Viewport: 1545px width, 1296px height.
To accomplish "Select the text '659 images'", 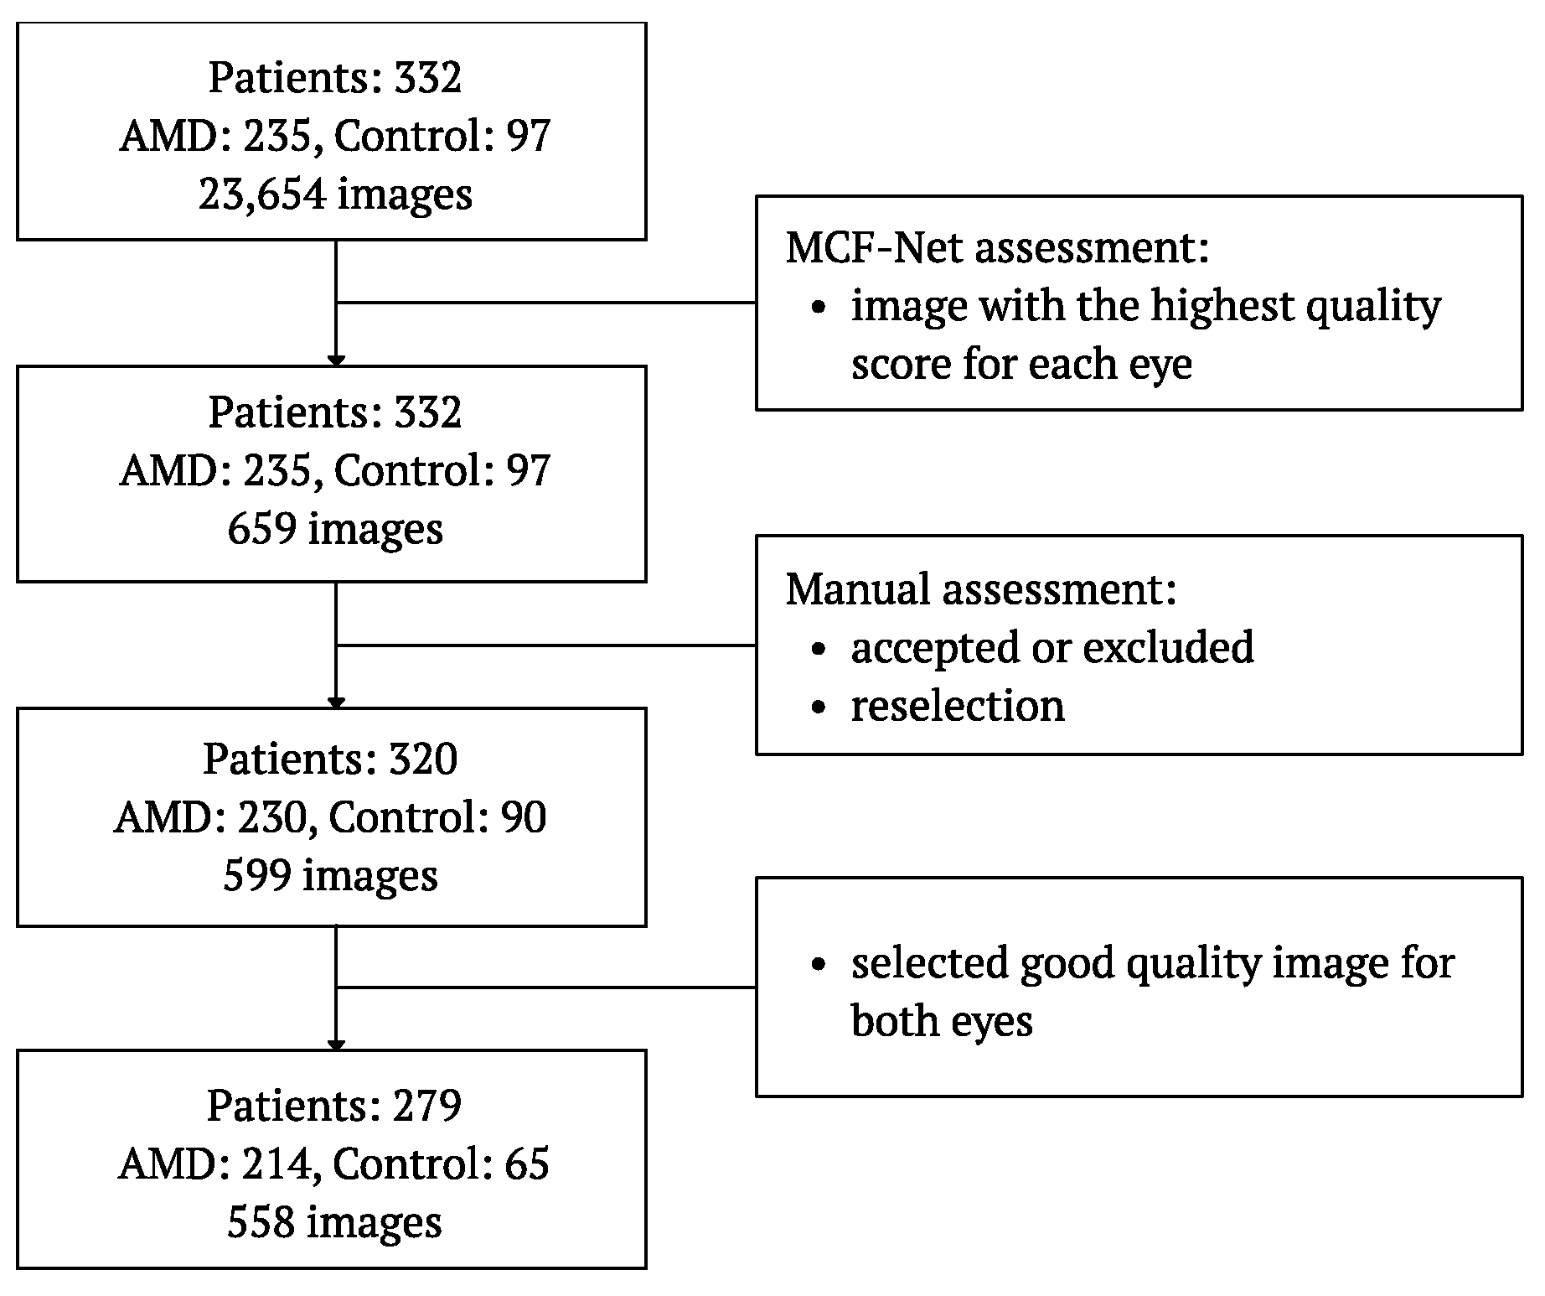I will (334, 530).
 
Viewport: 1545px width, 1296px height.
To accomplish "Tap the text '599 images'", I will (330, 876).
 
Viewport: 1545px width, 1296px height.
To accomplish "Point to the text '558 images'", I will (334, 1223).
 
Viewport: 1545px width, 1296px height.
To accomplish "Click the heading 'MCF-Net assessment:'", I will (997, 248).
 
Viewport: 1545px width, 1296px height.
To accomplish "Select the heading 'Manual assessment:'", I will (981, 589).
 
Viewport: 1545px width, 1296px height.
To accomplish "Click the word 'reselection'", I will (957, 706).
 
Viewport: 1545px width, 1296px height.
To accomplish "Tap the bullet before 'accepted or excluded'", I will (819, 649).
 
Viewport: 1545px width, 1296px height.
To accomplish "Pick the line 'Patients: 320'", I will (330, 759).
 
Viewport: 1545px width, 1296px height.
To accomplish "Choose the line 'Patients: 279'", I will (334, 1106).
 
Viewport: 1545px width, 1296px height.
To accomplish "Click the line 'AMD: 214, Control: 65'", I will (334, 1164).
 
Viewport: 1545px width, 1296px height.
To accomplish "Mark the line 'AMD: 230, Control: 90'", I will (330, 817).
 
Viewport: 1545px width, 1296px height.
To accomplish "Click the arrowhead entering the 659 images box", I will (336, 361).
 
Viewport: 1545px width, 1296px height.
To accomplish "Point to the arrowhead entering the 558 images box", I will (336, 1045).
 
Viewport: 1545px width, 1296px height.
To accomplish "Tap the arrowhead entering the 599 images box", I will (336, 703).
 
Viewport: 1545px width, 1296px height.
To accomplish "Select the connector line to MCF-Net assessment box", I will (545, 303).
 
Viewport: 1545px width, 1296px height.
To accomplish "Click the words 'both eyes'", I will (941, 1022).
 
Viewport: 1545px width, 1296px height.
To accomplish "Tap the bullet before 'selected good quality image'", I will (819, 964).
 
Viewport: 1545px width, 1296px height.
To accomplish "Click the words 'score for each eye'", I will (1021, 365).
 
